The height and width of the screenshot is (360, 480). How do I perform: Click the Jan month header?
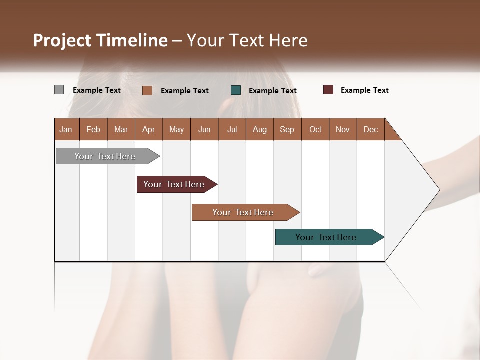[x=66, y=129]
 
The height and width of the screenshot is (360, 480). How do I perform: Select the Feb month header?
[x=93, y=129]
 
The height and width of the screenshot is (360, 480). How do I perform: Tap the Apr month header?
[x=148, y=129]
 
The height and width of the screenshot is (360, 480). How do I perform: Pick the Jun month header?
[x=204, y=129]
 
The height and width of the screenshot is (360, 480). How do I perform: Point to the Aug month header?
[x=259, y=129]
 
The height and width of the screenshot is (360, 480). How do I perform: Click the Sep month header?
[x=287, y=129]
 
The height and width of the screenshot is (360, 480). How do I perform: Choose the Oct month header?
[x=315, y=129]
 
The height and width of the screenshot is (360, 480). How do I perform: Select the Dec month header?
[x=370, y=129]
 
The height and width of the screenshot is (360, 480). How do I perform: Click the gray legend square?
[x=59, y=90]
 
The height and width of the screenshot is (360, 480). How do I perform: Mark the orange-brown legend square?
[x=147, y=90]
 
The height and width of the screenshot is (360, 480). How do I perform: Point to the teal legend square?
[x=236, y=90]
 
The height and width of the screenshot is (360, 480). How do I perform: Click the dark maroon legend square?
[x=328, y=90]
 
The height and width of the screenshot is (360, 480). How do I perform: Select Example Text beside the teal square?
[x=272, y=91]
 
